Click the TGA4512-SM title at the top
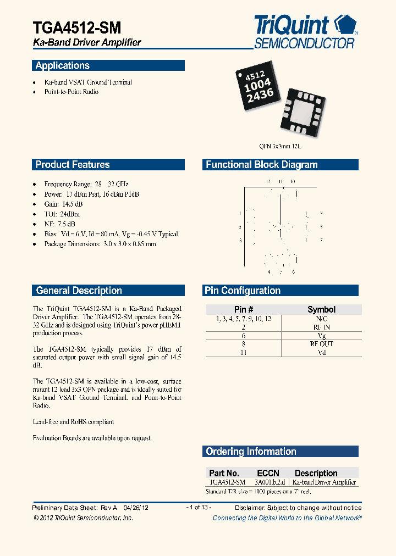pyautogui.click(x=76, y=27)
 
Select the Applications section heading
pyautogui.click(x=62, y=66)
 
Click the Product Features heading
pyautogui.click(x=73, y=165)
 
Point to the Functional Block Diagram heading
pyautogui.click(x=261, y=165)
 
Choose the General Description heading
pyautogui.click(x=79, y=291)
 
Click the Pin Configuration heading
pyautogui.click(x=243, y=291)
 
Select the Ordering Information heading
pyautogui.click(x=251, y=452)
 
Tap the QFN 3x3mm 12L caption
pyautogui.click(x=280, y=147)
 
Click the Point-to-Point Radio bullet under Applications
pyautogui.click(x=71, y=92)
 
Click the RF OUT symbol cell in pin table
pyautogui.click(x=322, y=344)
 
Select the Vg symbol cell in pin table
pyautogui.click(x=322, y=336)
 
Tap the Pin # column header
pyautogui.click(x=244, y=309)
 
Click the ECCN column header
pyautogui.click(x=268, y=473)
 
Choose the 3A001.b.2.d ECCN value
pyautogui.click(x=269, y=482)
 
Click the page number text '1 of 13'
pyautogui.click(x=199, y=508)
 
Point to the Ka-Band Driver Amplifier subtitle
pyautogui.click(x=87, y=42)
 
